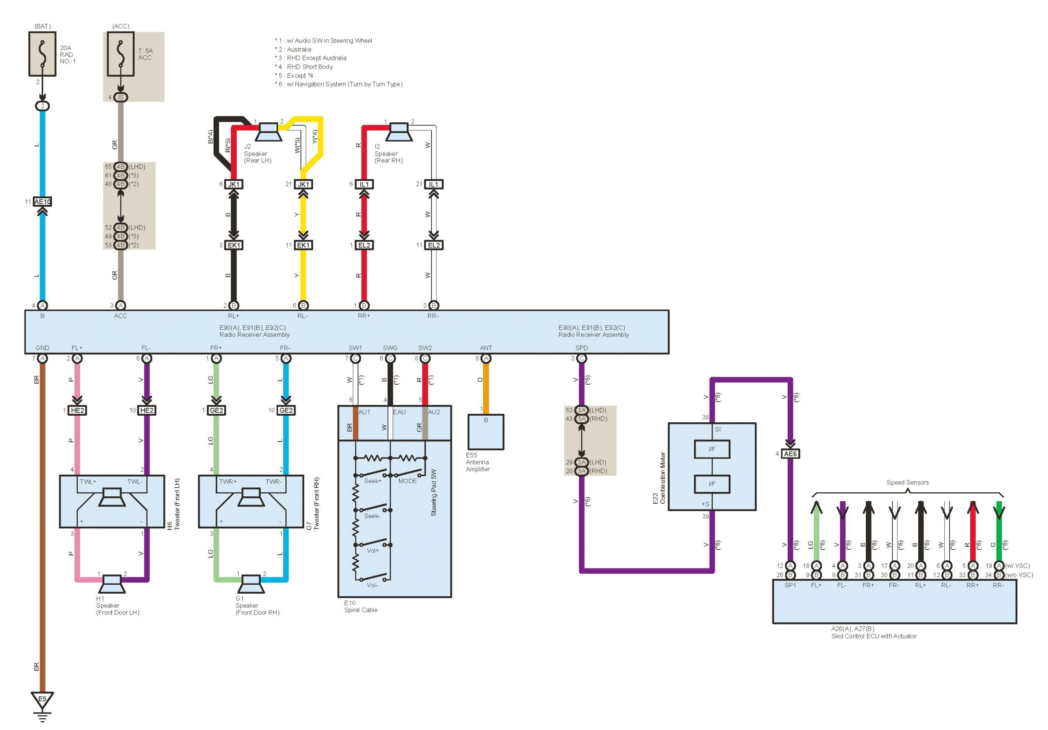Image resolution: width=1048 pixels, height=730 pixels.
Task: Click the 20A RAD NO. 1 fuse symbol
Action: pos(43,54)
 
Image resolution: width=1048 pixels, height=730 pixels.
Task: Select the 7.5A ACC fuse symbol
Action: pos(120,54)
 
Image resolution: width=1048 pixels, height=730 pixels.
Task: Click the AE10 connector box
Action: pos(43,202)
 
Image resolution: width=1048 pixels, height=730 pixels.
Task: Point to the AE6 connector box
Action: pos(790,453)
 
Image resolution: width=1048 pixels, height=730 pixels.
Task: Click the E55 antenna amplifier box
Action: pos(486,432)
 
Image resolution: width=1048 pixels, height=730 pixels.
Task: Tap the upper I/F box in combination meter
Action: pos(711,449)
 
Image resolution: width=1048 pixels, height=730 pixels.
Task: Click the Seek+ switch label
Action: pos(373,481)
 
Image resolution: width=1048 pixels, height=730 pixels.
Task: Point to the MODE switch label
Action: pos(407,481)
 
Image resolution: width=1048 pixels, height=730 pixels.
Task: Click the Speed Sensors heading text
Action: pos(908,482)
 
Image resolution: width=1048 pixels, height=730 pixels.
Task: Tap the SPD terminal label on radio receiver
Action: pos(581,348)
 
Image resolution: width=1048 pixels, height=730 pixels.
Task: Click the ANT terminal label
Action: pos(486,348)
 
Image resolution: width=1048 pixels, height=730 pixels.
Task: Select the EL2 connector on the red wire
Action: pos(364,245)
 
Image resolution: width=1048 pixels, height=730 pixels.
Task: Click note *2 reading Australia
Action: pos(293,49)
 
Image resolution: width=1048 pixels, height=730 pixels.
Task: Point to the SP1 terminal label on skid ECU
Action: pos(790,586)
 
